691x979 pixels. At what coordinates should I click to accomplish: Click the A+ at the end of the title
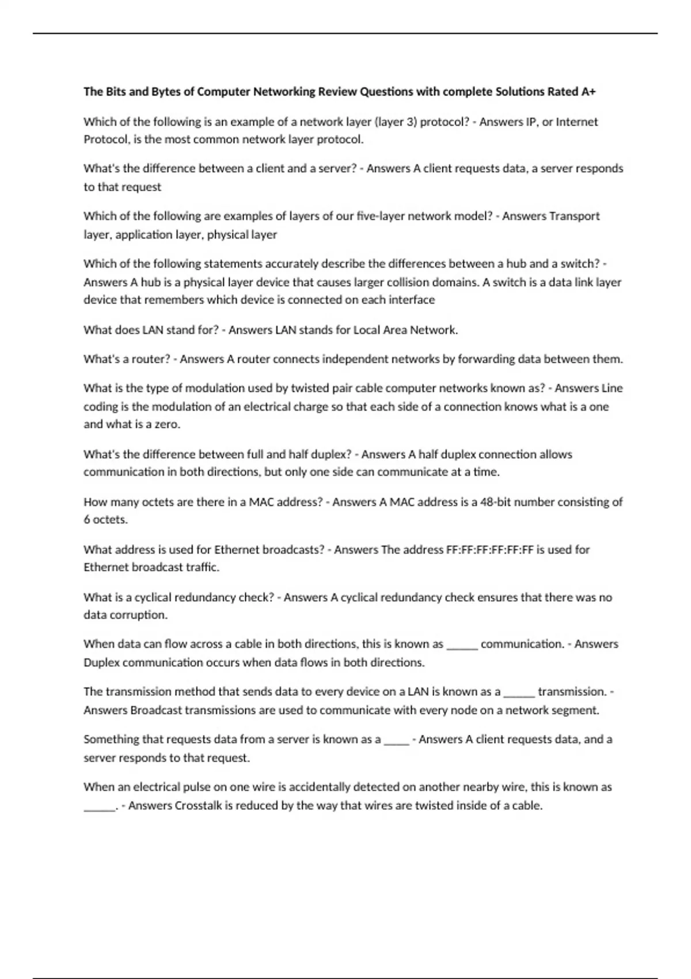(588, 92)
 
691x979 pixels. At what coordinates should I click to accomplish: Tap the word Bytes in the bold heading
(165, 92)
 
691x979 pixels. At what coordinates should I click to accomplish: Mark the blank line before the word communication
(462, 645)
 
